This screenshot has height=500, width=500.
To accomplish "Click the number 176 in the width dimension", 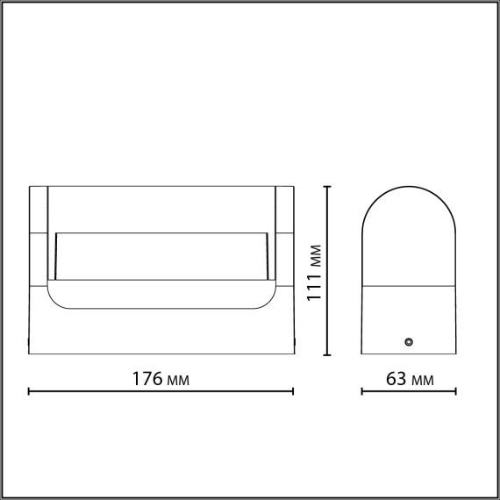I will [x=146, y=379].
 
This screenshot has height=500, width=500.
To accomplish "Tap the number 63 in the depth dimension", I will [x=396, y=379].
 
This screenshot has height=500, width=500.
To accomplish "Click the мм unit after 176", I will [x=177, y=380].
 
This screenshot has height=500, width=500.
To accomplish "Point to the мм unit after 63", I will [x=423, y=380].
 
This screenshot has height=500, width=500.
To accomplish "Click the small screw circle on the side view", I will [x=408, y=340].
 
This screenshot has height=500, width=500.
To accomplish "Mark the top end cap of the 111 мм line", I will [x=327, y=186].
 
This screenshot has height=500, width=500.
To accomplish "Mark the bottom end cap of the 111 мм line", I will [x=327, y=355].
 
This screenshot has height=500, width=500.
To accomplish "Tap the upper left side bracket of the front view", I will [x=39, y=211].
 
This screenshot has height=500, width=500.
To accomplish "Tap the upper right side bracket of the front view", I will [x=286, y=211].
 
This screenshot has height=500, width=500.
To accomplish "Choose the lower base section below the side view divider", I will [x=409, y=320].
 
